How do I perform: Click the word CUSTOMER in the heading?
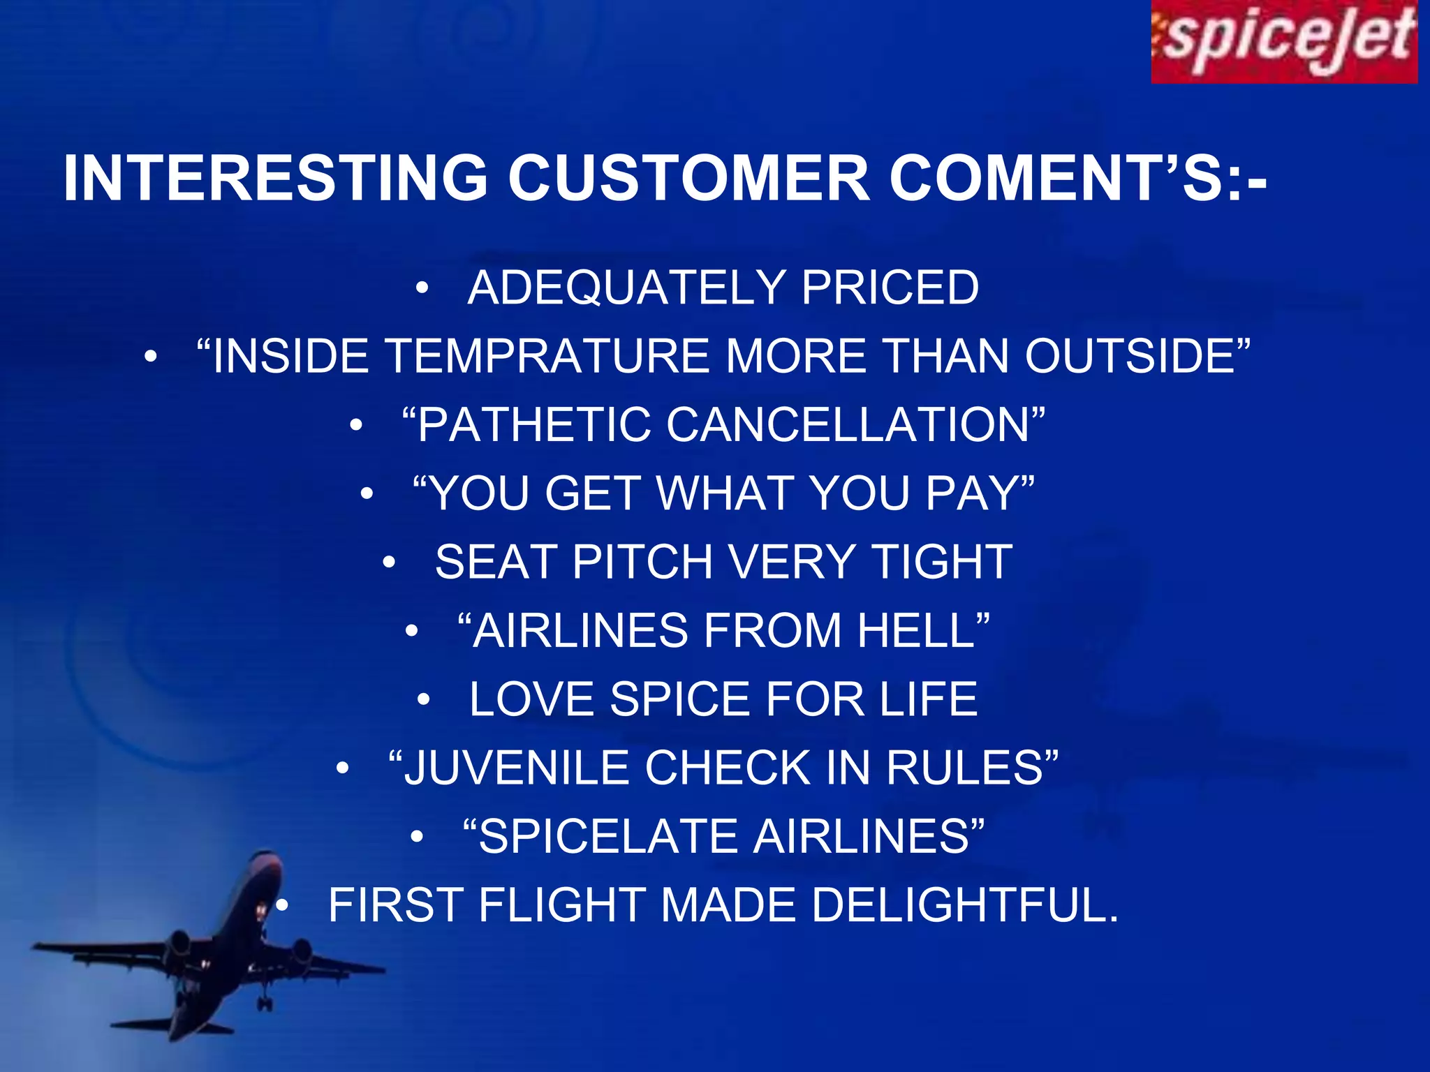pyautogui.click(x=688, y=179)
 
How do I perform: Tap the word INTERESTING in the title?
pyautogui.click(x=275, y=179)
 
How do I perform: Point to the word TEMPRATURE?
pyautogui.click(x=547, y=356)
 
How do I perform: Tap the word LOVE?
pyautogui.click(x=531, y=699)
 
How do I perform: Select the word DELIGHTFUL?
pyautogui.click(x=964, y=904)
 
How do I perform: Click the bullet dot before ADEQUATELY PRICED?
pyautogui.click(x=421, y=288)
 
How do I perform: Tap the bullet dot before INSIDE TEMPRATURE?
pyautogui.click(x=150, y=356)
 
